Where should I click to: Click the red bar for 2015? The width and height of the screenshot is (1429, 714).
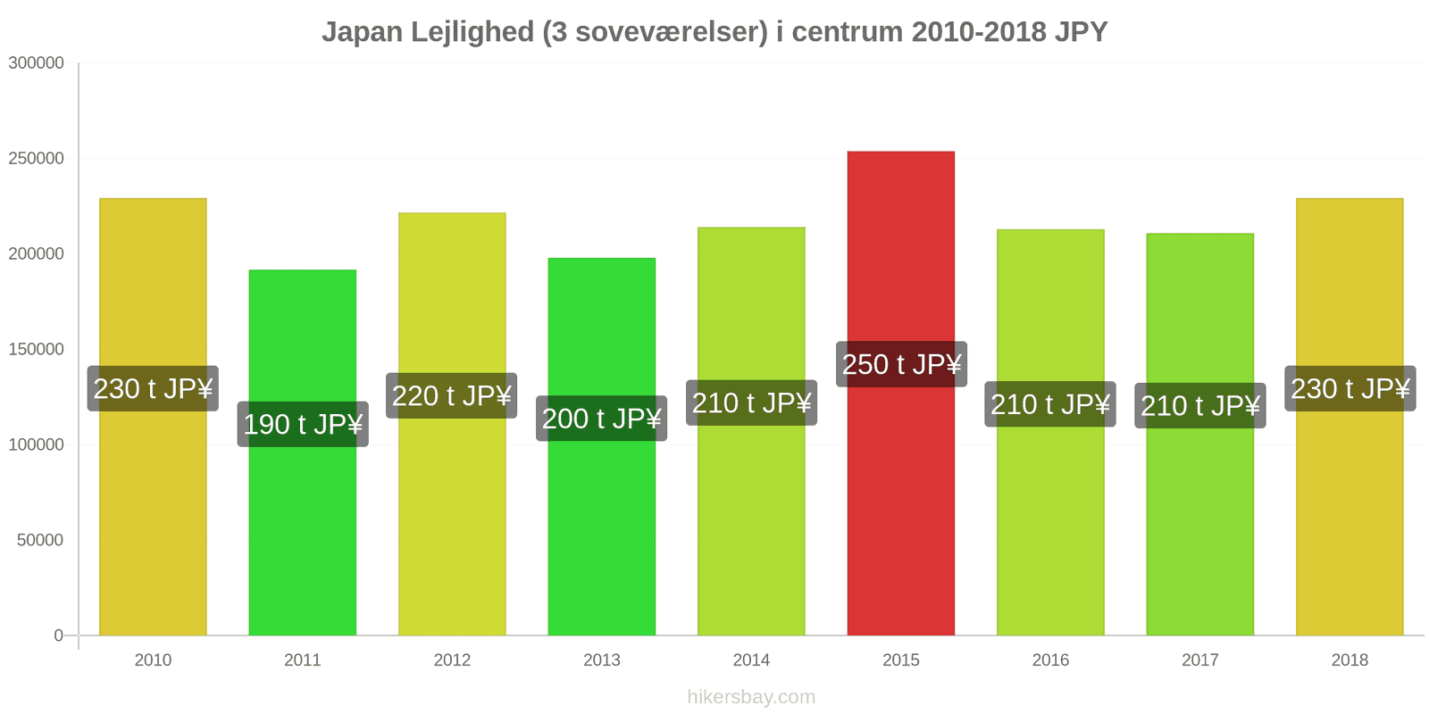tap(901, 394)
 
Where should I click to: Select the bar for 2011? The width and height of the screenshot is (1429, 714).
tap(303, 452)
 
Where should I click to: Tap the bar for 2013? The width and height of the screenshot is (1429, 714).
tap(602, 447)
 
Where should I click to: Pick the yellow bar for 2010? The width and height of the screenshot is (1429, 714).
tap(153, 417)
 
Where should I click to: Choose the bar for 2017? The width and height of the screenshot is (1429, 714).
tap(1200, 434)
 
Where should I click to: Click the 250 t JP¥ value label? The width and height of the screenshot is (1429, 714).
tap(901, 365)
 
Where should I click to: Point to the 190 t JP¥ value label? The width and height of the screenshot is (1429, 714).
tap(303, 424)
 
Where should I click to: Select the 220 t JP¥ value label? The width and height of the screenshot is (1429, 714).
tap(452, 396)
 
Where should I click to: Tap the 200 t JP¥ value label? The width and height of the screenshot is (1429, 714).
tap(602, 419)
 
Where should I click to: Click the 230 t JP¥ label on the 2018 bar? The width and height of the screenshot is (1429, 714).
tap(1350, 388)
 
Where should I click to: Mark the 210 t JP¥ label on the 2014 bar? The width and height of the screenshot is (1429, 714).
tap(751, 403)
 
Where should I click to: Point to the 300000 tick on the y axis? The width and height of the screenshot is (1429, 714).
tap(37, 63)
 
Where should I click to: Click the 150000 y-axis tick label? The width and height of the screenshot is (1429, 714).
tap(37, 349)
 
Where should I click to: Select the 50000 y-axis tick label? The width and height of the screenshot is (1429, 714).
tap(40, 540)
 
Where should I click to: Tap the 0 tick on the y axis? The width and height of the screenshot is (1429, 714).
tap(59, 635)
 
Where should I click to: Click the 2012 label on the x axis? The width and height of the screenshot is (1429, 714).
tap(452, 660)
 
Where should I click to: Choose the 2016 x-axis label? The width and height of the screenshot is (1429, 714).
tap(1050, 660)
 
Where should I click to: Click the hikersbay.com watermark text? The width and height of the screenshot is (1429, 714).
tap(751, 697)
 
